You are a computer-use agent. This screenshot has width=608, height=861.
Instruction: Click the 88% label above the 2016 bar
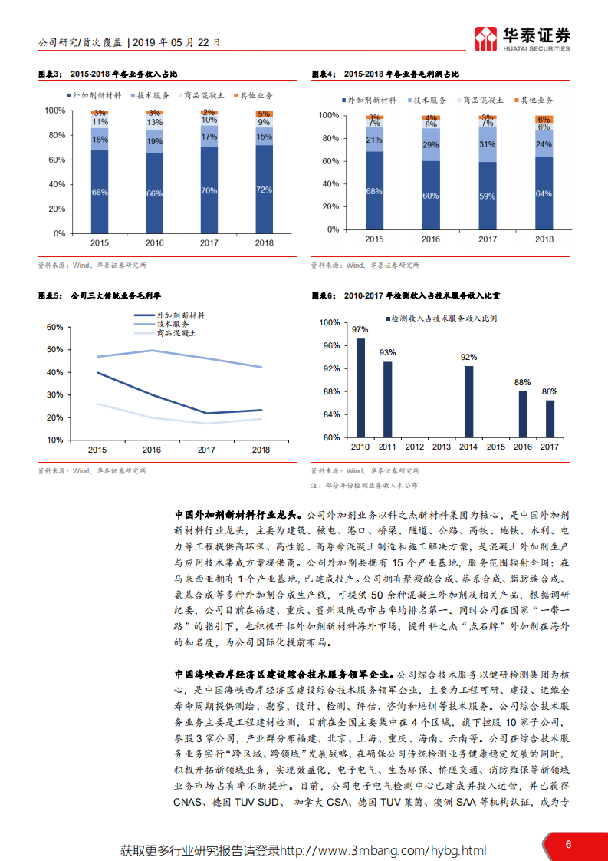523,382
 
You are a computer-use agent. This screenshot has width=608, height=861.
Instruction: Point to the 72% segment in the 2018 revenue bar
264,189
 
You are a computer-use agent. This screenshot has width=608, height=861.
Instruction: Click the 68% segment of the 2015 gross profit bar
374,191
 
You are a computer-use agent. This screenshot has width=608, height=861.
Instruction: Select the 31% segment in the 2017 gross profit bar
488,144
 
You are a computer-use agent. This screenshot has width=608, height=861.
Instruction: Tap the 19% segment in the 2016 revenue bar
155,141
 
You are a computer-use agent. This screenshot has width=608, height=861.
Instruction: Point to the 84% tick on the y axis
329,414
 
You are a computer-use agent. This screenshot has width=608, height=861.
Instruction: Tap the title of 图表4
386,74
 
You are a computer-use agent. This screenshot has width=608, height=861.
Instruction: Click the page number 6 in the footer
568,845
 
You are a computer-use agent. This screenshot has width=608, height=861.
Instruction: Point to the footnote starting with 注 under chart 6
363,486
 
